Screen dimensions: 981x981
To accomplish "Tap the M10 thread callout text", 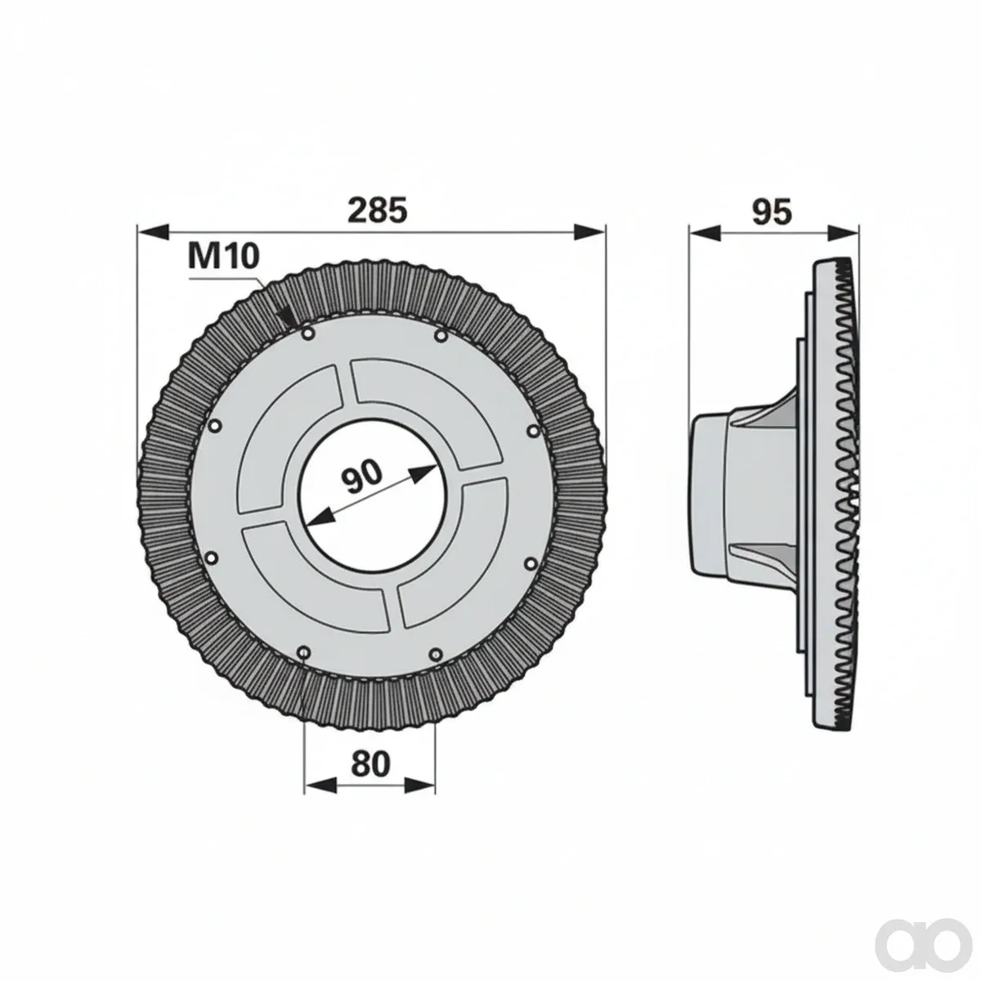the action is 223,256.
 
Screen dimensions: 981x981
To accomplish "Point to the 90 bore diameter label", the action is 361,477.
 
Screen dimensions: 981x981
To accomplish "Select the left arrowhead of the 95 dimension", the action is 705,232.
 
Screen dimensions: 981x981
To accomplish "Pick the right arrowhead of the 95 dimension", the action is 843,232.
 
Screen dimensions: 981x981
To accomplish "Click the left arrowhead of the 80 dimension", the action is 320,799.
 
